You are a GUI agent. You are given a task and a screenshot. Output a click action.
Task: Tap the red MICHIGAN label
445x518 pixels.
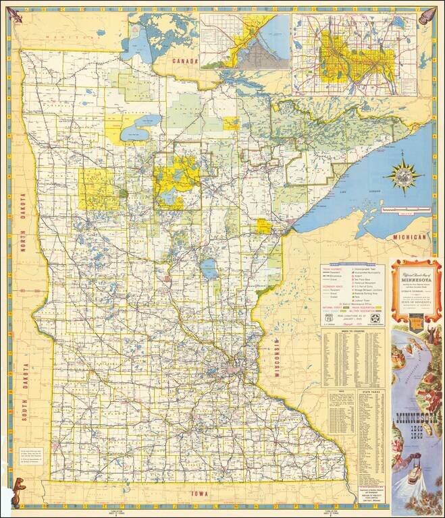(x=410, y=238)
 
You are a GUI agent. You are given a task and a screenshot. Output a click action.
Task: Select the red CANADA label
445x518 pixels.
(x=184, y=61)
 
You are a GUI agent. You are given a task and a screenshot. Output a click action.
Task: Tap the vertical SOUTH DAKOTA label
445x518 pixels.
(x=26, y=392)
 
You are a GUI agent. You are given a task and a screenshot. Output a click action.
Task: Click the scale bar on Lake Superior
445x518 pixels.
(x=401, y=210)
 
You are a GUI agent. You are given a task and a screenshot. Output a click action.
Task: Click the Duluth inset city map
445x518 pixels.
(x=244, y=41)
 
